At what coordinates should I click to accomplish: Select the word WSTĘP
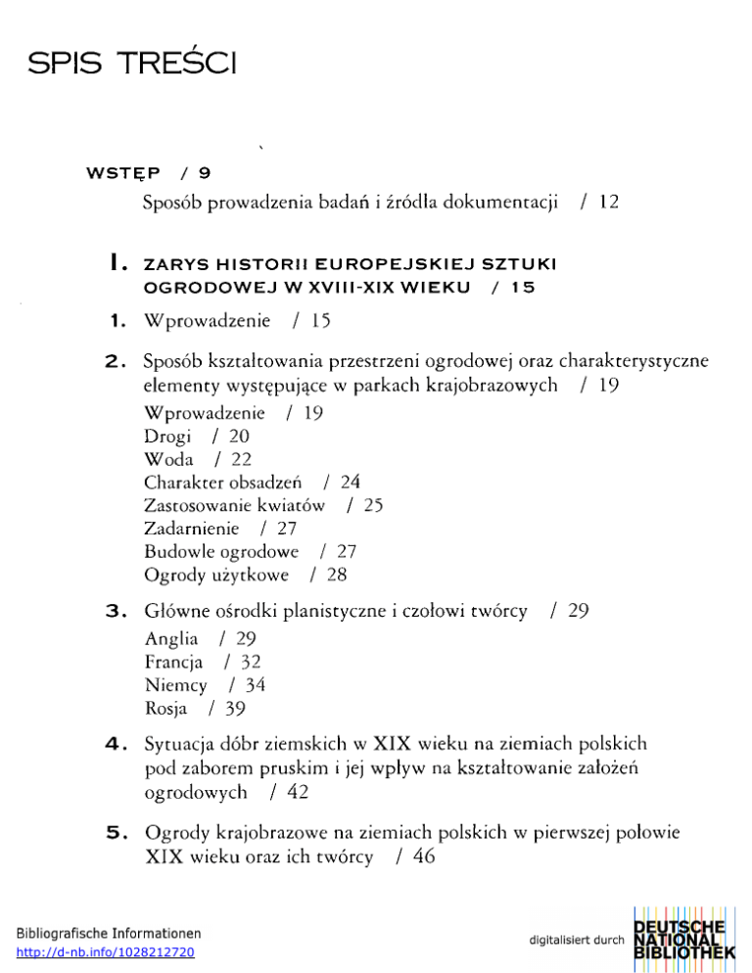coord(124,173)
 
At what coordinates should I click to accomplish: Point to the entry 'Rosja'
coord(166,707)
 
